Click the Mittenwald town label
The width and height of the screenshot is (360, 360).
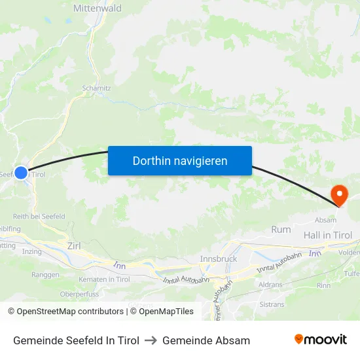tap(98, 9)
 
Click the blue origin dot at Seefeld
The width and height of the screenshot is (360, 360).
tap(21, 173)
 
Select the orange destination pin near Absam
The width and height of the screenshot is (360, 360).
tap(340, 194)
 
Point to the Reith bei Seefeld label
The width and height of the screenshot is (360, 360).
tap(39, 217)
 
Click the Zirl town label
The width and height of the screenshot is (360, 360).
tap(74, 245)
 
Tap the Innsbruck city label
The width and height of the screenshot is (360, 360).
tap(218, 259)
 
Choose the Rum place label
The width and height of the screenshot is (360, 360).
tap(281, 229)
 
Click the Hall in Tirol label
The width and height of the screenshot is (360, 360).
tap(327, 235)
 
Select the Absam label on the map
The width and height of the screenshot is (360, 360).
tap(325, 220)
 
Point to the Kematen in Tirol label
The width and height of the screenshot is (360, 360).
tap(105, 279)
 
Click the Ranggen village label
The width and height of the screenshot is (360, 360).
tap(45, 275)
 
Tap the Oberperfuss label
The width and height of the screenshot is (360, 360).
tap(79, 294)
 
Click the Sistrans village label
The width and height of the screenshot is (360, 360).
tap(272, 304)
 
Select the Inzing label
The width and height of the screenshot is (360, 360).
tap(32, 251)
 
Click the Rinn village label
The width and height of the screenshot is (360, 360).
tap(323, 285)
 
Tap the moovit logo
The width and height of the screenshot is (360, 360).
tap(320, 340)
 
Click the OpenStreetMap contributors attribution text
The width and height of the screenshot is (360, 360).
tap(70, 312)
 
